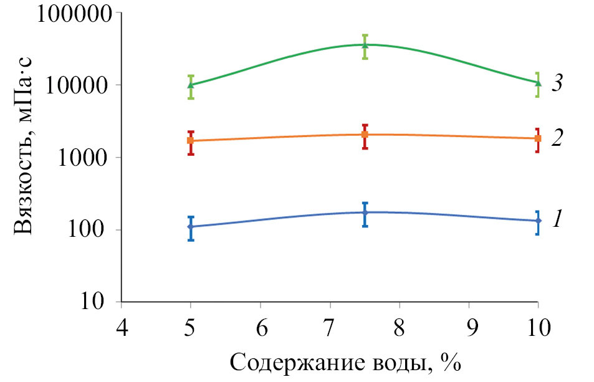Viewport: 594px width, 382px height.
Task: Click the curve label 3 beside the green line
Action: pyautogui.click(x=558, y=84)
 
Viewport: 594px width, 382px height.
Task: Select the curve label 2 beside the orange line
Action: pyautogui.click(x=558, y=138)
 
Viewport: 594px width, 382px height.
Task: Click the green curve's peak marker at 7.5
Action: pyautogui.click(x=365, y=44)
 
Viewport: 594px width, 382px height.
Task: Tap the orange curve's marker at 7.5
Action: pyautogui.click(x=365, y=135)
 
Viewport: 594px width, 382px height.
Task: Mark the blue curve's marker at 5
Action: pyautogui.click(x=191, y=227)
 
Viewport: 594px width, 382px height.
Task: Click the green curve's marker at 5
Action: pyautogui.click(x=191, y=85)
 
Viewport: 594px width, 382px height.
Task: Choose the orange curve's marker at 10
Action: pyautogui.click(x=538, y=138)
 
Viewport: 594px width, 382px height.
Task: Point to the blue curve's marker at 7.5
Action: pyautogui.click(x=365, y=212)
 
